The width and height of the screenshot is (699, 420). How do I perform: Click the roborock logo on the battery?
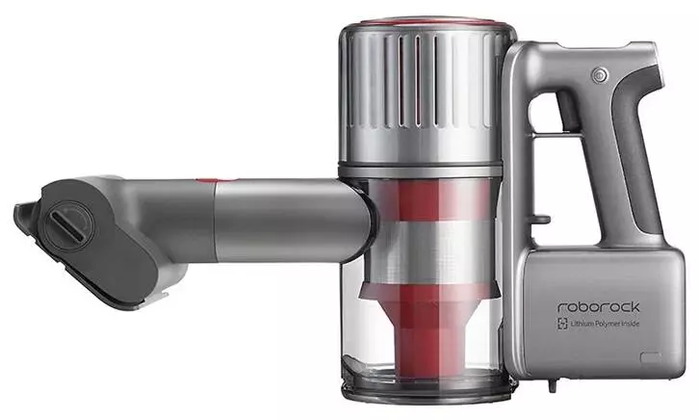(x=598, y=306)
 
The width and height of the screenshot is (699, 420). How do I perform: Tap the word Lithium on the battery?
(x=582, y=324)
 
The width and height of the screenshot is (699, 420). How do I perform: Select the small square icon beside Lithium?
(x=563, y=324)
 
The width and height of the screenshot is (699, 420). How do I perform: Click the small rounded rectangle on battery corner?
(x=651, y=357)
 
